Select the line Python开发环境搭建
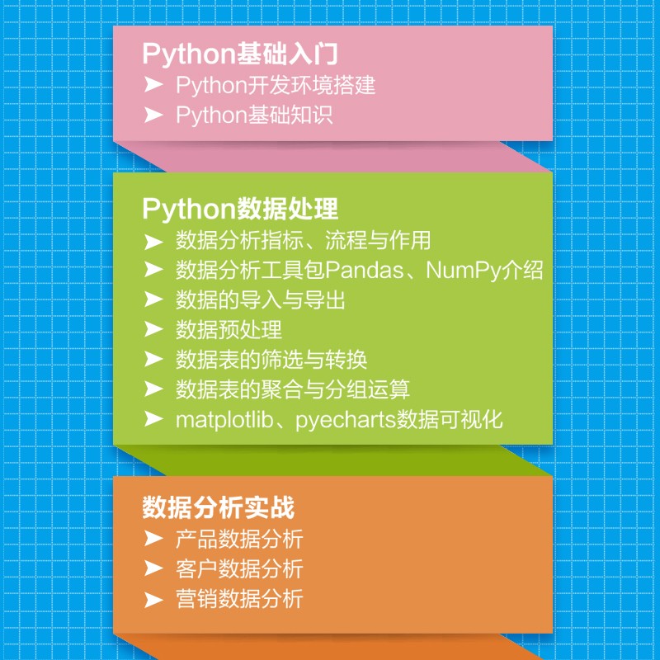tap(276, 85)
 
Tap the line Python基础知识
tap(254, 114)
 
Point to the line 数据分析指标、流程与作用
tap(303, 241)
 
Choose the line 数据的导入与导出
tap(260, 299)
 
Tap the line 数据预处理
tap(229, 329)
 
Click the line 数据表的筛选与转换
tap(271, 359)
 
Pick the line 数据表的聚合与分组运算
tap(292, 389)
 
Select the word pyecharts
tap(345, 418)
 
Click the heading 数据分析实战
tap(219, 506)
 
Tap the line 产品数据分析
tap(239, 540)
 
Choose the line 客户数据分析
tap(239, 568)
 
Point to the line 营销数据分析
tap(239, 598)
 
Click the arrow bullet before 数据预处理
tap(153, 329)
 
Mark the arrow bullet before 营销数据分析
tap(153, 598)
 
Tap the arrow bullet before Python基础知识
tap(153, 114)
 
